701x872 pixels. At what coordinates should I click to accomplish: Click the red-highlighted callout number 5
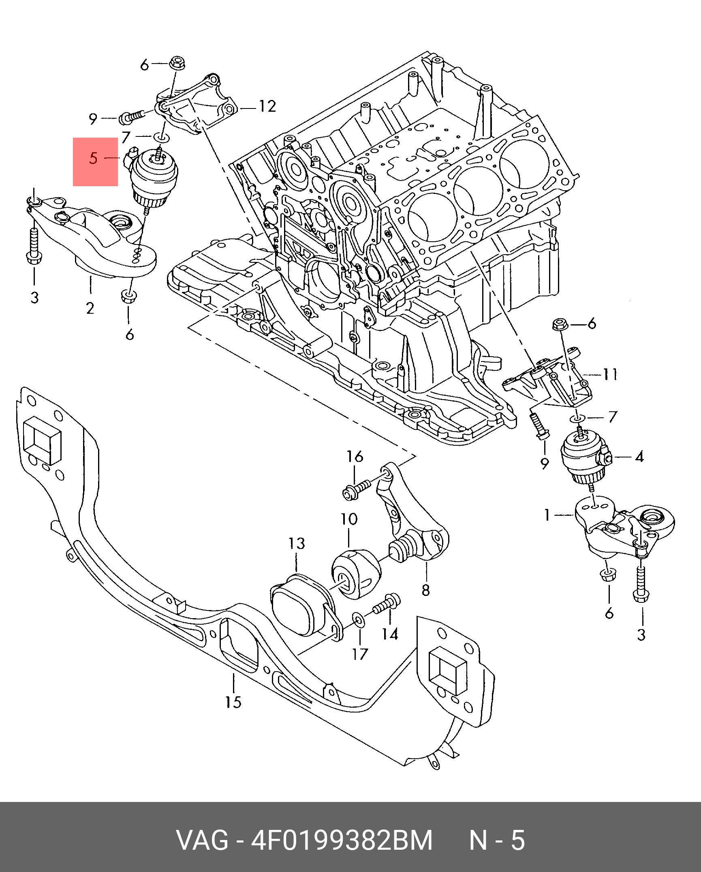(x=94, y=158)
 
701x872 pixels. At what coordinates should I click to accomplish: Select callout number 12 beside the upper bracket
(x=267, y=106)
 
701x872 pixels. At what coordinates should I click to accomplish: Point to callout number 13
(x=297, y=543)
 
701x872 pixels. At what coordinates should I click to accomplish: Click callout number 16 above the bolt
(x=355, y=457)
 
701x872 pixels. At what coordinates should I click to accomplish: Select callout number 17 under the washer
(x=360, y=665)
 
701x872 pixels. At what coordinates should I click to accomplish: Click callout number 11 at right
(x=610, y=374)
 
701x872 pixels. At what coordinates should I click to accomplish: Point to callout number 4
(x=639, y=457)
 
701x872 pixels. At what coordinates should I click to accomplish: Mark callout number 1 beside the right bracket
(x=547, y=515)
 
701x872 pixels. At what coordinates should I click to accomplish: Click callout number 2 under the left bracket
(x=90, y=308)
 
